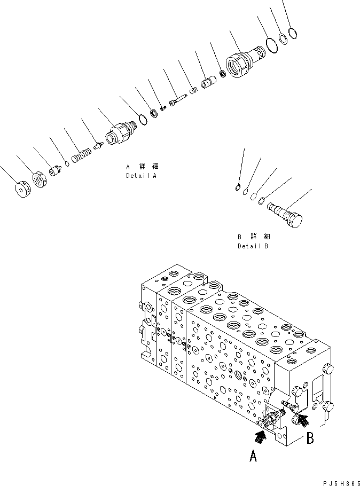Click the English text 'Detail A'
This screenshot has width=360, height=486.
[142, 176]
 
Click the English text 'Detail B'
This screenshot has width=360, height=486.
[253, 246]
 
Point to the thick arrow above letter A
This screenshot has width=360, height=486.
[260, 436]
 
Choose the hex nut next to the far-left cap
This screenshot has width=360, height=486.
[41, 179]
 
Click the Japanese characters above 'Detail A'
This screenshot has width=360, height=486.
[143, 167]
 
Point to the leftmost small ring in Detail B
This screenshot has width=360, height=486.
[237, 186]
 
